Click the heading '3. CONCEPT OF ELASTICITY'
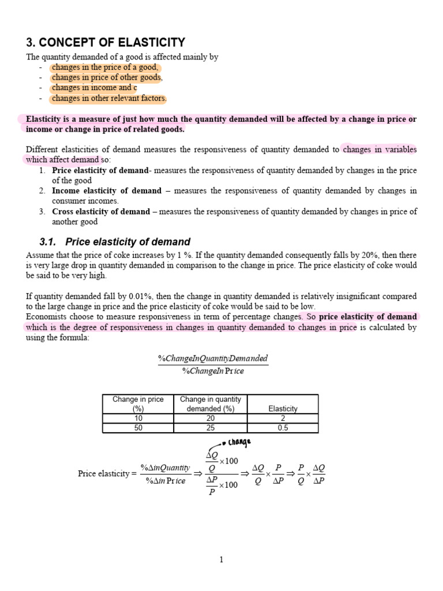[106, 42]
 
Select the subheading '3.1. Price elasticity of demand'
[108, 242]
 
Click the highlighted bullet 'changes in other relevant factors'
[109, 98]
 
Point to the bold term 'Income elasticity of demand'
[107, 190]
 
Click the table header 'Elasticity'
[283, 409]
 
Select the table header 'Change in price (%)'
[138, 404]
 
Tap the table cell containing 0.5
[283, 428]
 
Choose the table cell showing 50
[138, 428]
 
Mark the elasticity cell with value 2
[283, 418]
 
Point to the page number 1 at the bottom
[221, 559]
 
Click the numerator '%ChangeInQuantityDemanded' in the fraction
[213, 358]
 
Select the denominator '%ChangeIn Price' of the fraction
[213, 371]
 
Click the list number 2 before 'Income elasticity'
[42, 190]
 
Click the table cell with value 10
[138, 418]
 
